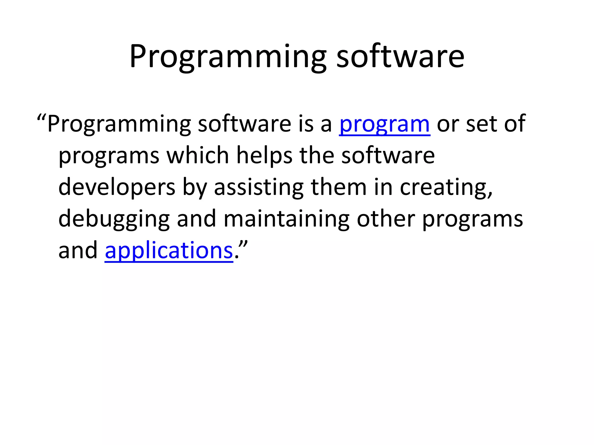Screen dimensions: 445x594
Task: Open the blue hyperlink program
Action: click(x=384, y=124)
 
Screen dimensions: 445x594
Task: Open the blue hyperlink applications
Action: click(x=169, y=251)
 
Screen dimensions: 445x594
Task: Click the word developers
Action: click(x=117, y=187)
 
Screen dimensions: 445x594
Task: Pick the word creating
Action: click(x=446, y=187)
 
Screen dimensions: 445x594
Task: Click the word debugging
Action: click(x=114, y=219)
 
